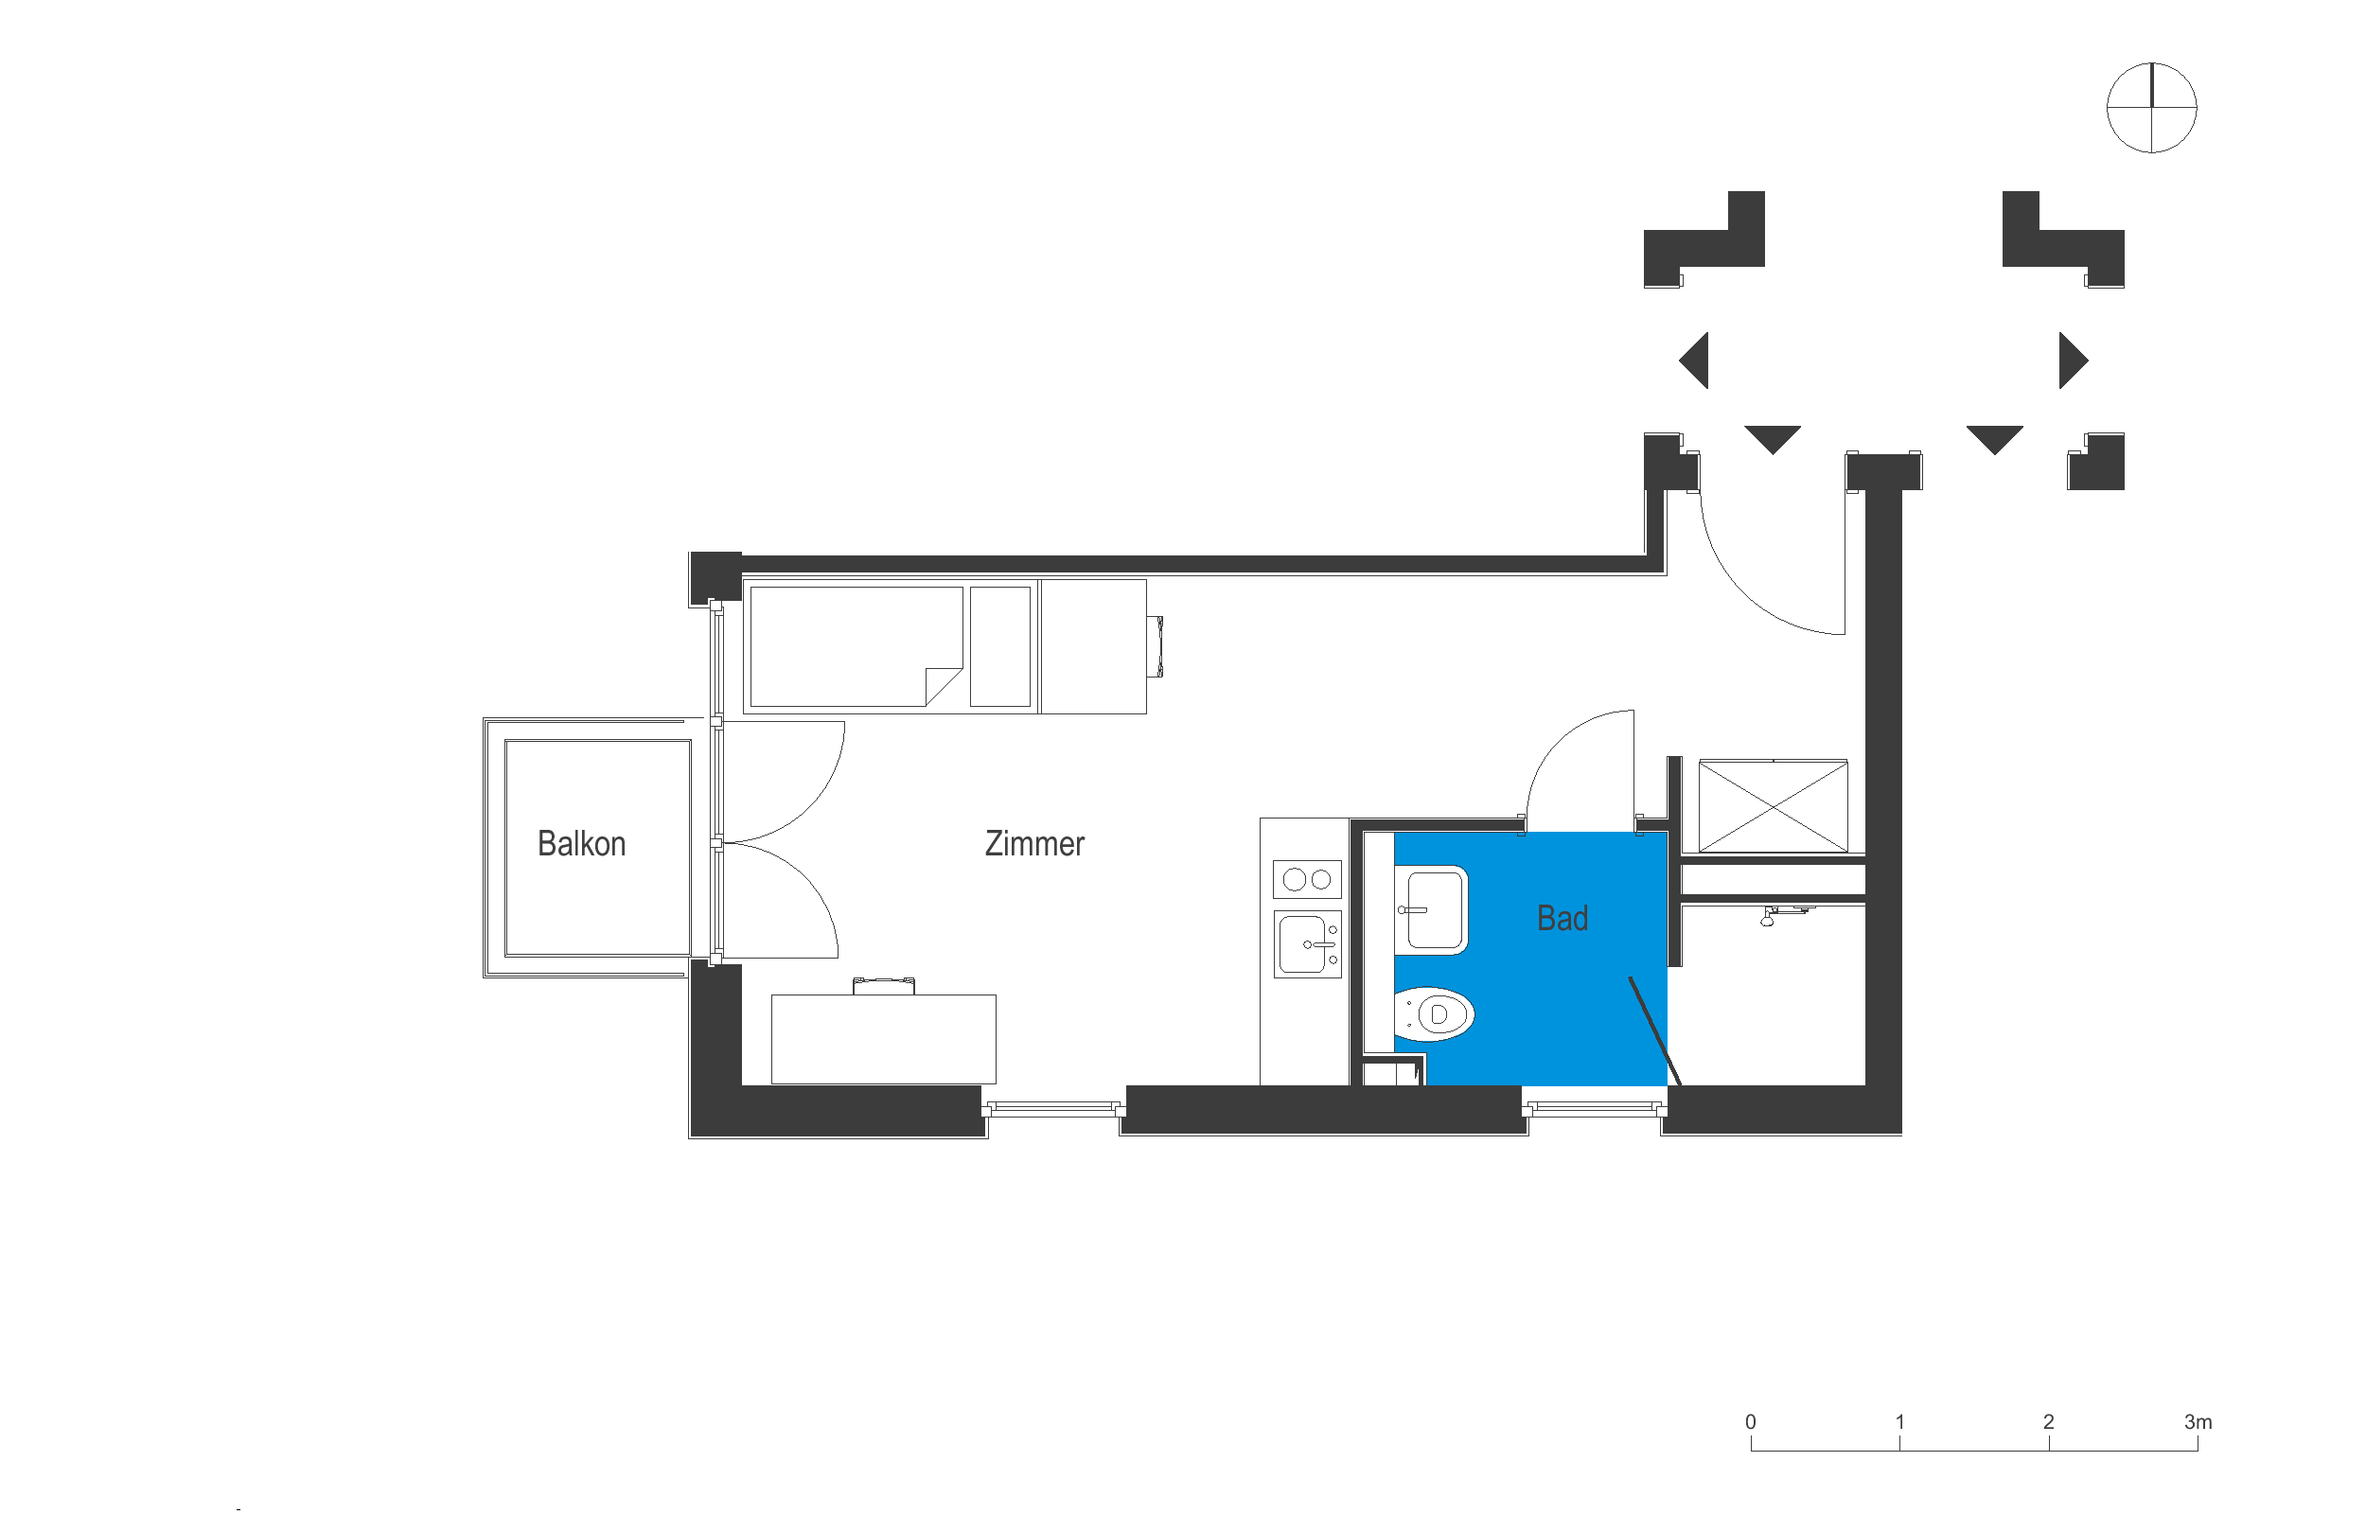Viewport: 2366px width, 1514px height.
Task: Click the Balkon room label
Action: click(581, 843)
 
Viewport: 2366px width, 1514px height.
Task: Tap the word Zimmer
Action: click(1034, 843)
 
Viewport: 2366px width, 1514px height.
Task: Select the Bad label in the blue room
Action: click(1562, 918)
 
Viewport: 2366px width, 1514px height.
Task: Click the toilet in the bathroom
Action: click(1434, 1013)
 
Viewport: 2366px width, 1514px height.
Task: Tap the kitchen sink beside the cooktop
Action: click(1307, 943)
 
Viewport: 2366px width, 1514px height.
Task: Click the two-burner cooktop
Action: click(1306, 879)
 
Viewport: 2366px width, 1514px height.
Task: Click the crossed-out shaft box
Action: click(1773, 806)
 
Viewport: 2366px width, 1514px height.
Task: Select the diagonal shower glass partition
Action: click(1653, 1030)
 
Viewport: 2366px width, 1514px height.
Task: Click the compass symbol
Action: click(2151, 107)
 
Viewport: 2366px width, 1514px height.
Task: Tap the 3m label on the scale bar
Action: click(2197, 1421)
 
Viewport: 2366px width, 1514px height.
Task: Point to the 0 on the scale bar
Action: click(1750, 1421)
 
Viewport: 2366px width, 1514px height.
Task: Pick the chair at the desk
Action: click(883, 985)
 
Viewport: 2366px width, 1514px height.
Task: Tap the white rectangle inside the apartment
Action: click(1566, 649)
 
